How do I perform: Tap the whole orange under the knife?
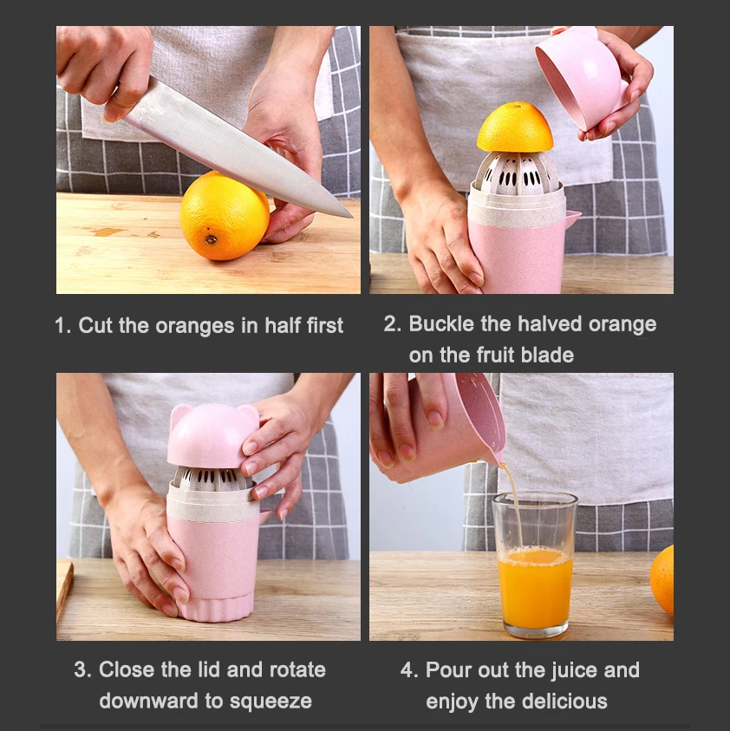pos(225,217)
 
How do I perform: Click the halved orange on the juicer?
pos(515,128)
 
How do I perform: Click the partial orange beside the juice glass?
pos(663,579)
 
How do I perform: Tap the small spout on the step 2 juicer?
pos(573,218)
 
